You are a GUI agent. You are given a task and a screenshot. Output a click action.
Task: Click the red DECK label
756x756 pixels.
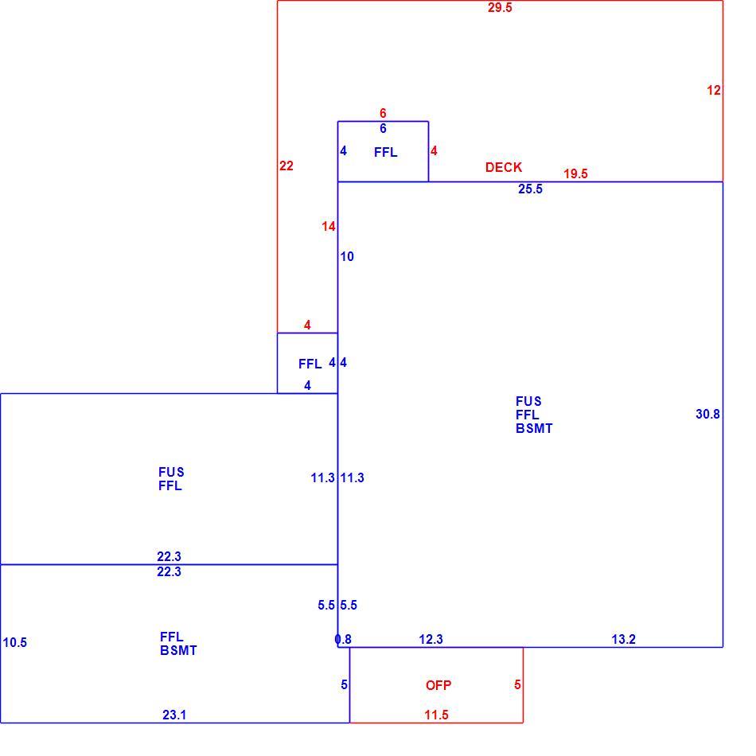[x=504, y=167]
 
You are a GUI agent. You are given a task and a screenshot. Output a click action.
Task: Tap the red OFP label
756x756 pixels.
[x=438, y=685]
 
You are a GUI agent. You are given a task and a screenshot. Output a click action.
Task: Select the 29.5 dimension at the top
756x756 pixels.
[x=500, y=8]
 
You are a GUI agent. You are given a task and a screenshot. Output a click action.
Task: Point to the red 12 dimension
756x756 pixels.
[x=714, y=90]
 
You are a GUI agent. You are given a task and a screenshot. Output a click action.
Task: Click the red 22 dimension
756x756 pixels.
[x=286, y=166]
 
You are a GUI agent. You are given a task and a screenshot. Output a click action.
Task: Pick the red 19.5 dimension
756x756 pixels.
[x=575, y=173]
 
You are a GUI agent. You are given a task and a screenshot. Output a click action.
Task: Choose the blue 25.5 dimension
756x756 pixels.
[x=530, y=189]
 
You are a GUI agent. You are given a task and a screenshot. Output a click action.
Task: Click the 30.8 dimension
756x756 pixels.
[x=707, y=414]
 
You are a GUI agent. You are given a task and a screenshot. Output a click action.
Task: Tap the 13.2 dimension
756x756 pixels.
[x=623, y=639]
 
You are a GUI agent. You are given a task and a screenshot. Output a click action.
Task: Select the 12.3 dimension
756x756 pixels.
[x=431, y=639]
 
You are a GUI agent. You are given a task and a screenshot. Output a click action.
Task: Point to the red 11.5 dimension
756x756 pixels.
[x=436, y=715]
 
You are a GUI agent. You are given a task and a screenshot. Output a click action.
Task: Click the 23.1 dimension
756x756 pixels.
[x=174, y=715]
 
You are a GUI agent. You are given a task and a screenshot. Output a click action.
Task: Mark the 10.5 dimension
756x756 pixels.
[x=15, y=643]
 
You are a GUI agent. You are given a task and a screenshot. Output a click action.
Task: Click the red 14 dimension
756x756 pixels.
[x=329, y=226]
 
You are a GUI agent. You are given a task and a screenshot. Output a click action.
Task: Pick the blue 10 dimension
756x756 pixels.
[x=347, y=256]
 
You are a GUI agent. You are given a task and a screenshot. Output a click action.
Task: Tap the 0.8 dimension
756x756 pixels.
[x=343, y=639]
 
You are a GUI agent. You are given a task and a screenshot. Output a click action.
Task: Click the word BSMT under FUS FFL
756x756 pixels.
[x=534, y=428]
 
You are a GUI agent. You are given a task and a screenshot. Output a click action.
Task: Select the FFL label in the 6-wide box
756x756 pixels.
[x=386, y=152]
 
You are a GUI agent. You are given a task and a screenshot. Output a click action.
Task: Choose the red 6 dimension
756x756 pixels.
[x=383, y=113]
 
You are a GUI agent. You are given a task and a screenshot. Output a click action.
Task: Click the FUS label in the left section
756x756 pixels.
[x=171, y=472]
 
